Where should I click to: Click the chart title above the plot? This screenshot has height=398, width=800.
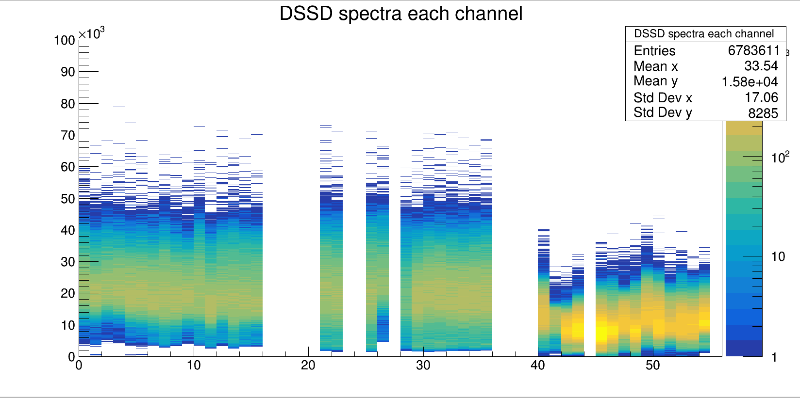[x=401, y=14]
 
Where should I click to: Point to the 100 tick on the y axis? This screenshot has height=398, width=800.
[x=65, y=40]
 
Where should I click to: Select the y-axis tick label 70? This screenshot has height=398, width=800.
[x=68, y=135]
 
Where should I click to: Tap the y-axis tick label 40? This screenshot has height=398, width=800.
[x=68, y=230]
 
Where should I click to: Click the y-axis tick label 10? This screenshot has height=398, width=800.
[x=68, y=325]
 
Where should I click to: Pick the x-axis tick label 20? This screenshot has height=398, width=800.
[x=308, y=366]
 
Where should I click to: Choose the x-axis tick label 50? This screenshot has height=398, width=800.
[x=652, y=366]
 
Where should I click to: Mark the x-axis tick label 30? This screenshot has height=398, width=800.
[x=423, y=366]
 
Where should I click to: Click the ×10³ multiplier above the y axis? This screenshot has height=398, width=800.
[x=91, y=33]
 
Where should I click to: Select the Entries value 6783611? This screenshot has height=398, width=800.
[x=753, y=50]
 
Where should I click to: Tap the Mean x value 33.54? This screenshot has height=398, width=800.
[x=761, y=66]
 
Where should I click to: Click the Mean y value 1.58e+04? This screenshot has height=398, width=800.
[x=750, y=82]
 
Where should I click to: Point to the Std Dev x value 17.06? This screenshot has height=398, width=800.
[x=761, y=97]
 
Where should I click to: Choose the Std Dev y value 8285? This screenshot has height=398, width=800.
[x=763, y=113]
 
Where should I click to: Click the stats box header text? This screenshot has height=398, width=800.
[x=704, y=34]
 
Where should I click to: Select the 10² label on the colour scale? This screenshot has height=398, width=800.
[x=780, y=158]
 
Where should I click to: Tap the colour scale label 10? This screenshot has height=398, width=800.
[x=778, y=256]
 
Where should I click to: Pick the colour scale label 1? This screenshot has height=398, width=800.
[x=774, y=357]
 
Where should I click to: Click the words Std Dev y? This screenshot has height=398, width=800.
[x=663, y=112]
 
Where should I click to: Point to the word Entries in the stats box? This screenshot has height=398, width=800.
[x=654, y=51]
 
